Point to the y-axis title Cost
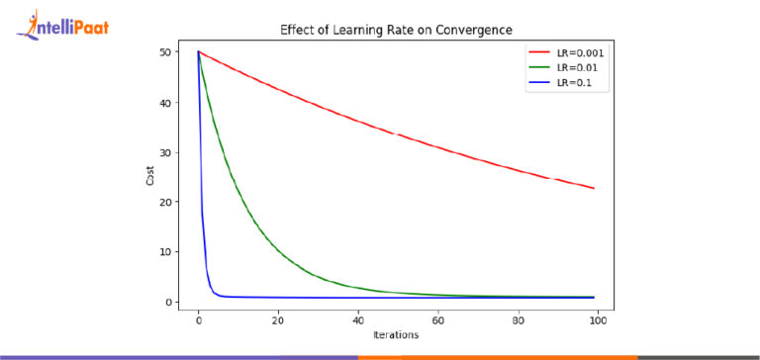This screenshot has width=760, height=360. point(148,176)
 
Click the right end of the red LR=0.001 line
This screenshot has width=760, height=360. point(594,188)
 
